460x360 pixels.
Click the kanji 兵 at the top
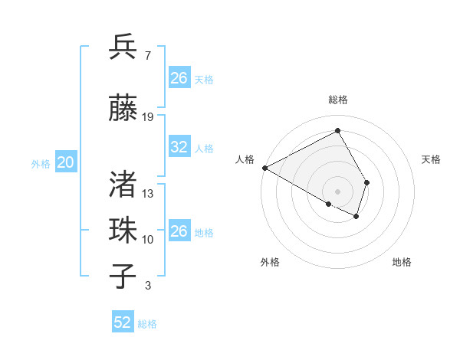[x=123, y=47]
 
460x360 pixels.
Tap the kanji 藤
[x=123, y=110]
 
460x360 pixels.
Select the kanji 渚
[x=123, y=184]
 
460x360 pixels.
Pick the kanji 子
[x=123, y=277]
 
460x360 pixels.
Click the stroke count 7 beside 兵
[x=147, y=55]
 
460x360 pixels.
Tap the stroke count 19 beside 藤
[x=148, y=117]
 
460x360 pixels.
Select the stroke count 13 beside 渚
[x=148, y=193]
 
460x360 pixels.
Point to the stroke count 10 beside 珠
[x=148, y=239]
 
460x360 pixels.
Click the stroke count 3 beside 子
[x=147, y=286]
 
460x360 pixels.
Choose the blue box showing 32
[x=179, y=147]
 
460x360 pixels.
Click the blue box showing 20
[x=66, y=162]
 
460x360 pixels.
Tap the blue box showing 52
[x=123, y=322]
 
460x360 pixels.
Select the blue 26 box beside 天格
[x=179, y=78]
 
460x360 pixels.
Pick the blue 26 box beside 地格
[x=179, y=231]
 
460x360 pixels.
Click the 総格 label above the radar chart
[x=337, y=100]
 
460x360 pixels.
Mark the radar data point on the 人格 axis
[x=264, y=167]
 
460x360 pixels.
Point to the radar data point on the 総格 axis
[x=337, y=131]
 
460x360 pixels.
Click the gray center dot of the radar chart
[x=337, y=191]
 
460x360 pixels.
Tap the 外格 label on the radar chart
[x=270, y=262]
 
